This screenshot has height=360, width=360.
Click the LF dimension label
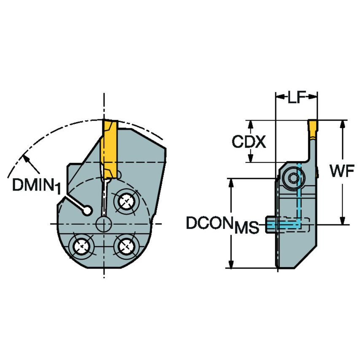(x=296, y=98)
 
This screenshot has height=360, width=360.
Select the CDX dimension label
(x=249, y=142)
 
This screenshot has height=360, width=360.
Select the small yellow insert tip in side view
(x=313, y=129)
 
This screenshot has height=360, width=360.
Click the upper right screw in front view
(x=126, y=201)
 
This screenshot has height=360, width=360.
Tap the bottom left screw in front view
(x=81, y=245)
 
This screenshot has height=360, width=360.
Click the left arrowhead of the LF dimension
(x=279, y=97)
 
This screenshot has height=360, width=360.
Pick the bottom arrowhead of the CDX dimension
(x=250, y=159)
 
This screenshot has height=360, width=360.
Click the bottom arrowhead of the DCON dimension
(x=231, y=264)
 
